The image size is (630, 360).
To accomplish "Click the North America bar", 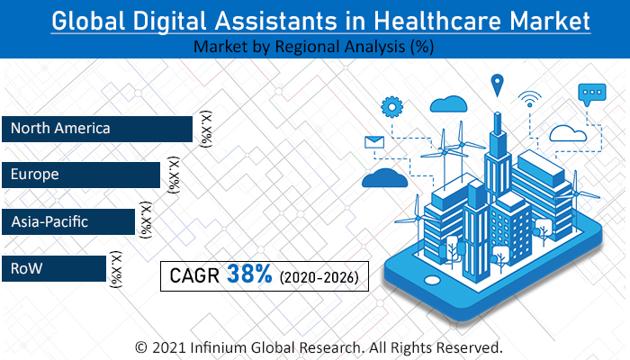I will coord(97,129).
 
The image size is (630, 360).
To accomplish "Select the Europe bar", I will coord(81,175).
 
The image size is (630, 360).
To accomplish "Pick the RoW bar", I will coord(54,268).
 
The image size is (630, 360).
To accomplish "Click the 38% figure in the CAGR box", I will coord(249,275).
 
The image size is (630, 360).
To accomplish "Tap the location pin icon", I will coord(495,85).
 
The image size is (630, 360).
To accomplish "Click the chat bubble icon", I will coord(592,93).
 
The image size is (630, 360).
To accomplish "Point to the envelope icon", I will coord(373,142).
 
